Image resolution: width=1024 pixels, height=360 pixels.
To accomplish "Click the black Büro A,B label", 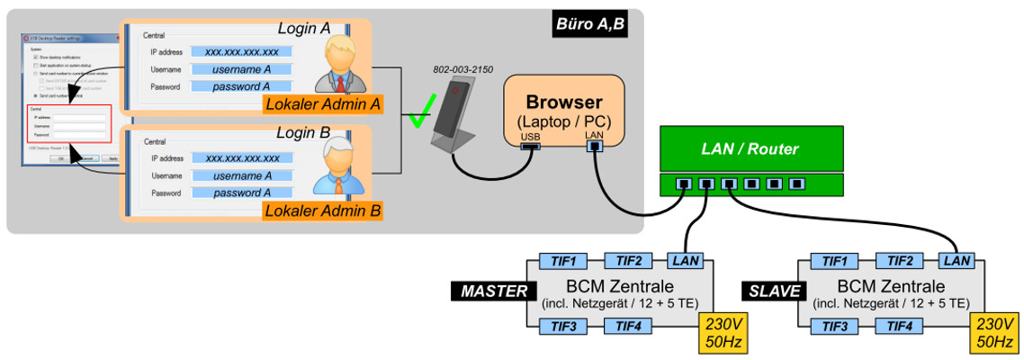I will (x=589, y=23).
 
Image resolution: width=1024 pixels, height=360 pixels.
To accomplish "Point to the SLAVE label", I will (x=766, y=291).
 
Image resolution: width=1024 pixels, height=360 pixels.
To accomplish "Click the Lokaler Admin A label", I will (x=322, y=104).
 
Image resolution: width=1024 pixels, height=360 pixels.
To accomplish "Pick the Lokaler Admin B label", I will (x=322, y=211).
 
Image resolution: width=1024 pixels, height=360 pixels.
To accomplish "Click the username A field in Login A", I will (x=241, y=69).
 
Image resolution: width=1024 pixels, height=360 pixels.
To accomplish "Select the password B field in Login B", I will (x=241, y=193).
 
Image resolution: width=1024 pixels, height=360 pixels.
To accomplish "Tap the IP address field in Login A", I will (x=241, y=52).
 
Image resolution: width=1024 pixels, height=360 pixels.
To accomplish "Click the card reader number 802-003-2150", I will (x=463, y=69).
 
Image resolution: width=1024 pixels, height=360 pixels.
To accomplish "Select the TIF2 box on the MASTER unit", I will (x=628, y=261).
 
